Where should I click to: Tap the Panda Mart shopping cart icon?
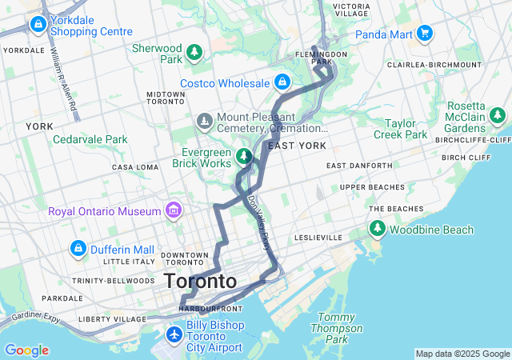[425, 34]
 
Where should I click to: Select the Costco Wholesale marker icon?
[282, 82]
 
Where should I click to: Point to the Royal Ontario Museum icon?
[172, 211]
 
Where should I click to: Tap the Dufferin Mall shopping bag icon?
[78, 249]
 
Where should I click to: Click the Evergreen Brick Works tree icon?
[244, 156]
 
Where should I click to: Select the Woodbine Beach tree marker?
[377, 230]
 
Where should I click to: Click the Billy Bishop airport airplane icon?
[174, 332]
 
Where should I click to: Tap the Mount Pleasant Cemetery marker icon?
[204, 121]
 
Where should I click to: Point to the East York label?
[297, 146]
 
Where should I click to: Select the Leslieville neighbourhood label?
[318, 238]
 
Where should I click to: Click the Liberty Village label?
[111, 319]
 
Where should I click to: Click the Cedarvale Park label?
[90, 139]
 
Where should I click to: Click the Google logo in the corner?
[26, 350]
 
